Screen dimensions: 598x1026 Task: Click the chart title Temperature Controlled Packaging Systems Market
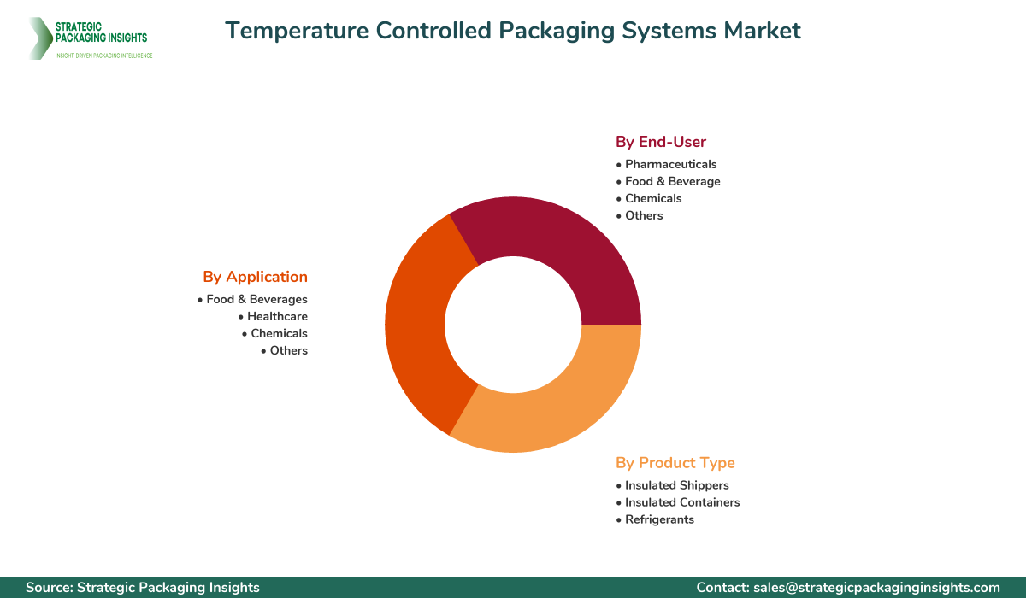(513, 31)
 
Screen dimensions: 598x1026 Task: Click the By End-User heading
(661, 142)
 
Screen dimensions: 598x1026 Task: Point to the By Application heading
(255, 277)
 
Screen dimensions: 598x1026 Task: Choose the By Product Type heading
(675, 463)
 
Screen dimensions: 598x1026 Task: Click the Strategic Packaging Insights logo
(89, 38)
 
